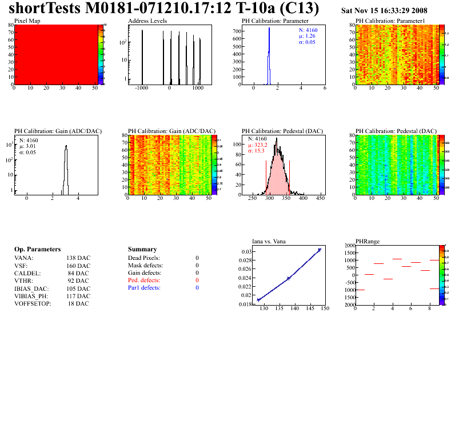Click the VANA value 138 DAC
78,258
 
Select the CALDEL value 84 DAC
79,273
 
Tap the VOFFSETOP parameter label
33,303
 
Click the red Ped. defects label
144,280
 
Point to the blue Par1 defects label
144,288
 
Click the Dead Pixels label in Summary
144,258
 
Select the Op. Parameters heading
37,250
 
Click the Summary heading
142,250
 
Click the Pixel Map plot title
26,21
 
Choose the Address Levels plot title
147,21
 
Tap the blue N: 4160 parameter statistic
309,29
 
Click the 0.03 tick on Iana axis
246,252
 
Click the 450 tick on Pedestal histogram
320,198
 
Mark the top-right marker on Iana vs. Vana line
320,250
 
